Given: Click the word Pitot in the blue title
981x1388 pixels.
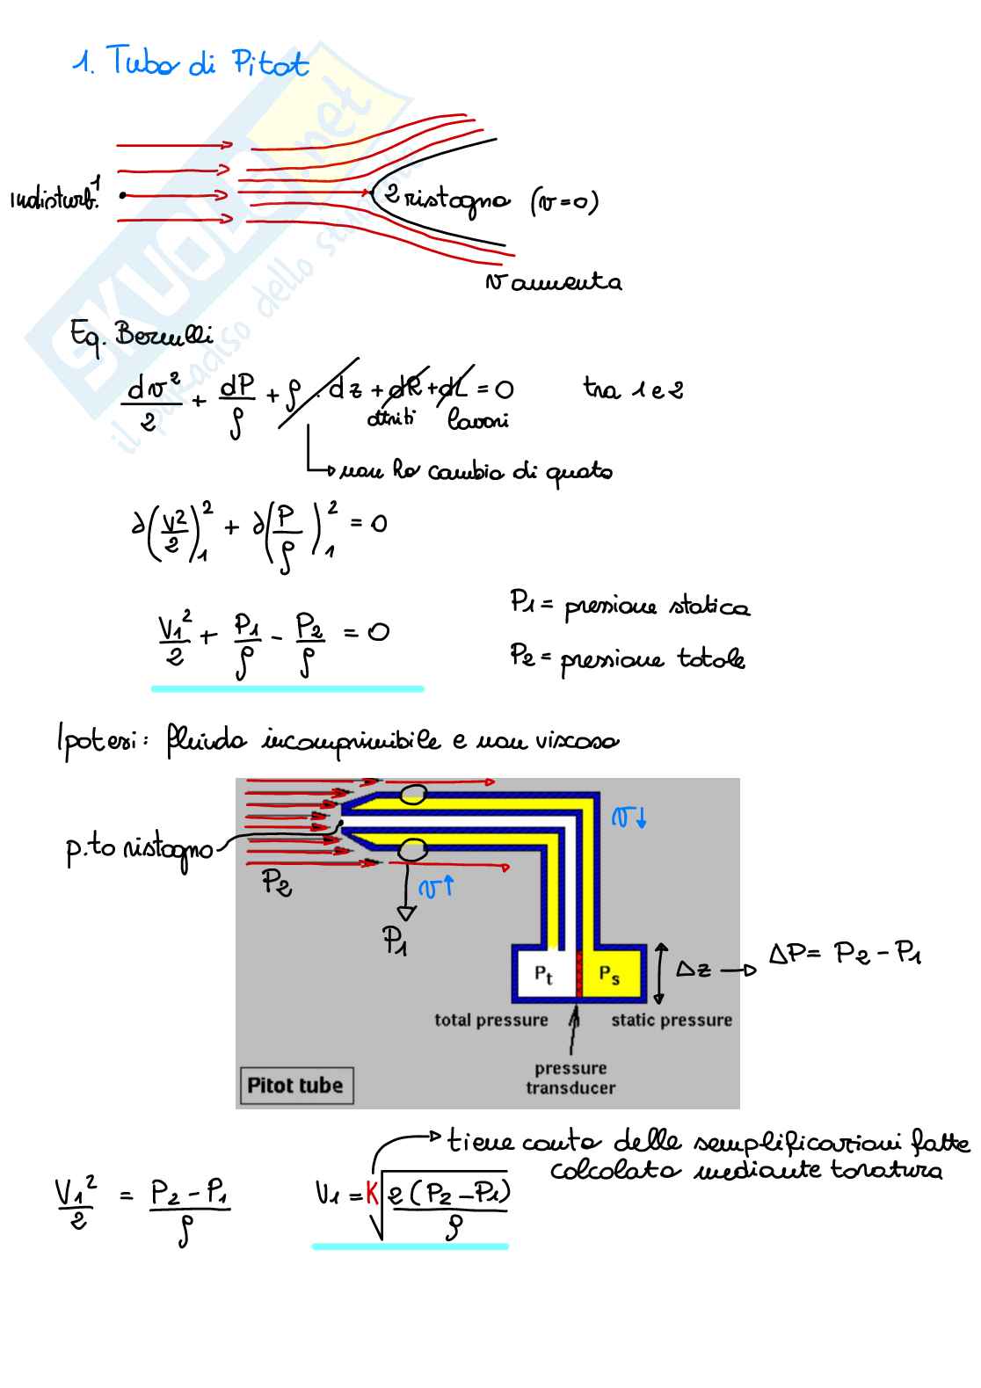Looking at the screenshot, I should coord(270,63).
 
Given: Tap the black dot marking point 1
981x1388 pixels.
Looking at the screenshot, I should coord(122,194).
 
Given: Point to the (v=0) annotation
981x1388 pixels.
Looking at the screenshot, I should coord(564,202).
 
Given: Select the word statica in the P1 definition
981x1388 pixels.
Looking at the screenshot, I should coord(710,607).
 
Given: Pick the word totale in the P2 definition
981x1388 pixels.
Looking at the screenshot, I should coord(710,658).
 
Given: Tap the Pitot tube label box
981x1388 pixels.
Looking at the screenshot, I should coord(295,1086).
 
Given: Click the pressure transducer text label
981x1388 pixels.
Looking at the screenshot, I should coord(570,1078).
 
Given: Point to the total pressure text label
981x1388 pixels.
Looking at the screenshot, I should coord(490,1021).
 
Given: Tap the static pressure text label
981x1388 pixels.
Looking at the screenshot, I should coord(672,1021).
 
